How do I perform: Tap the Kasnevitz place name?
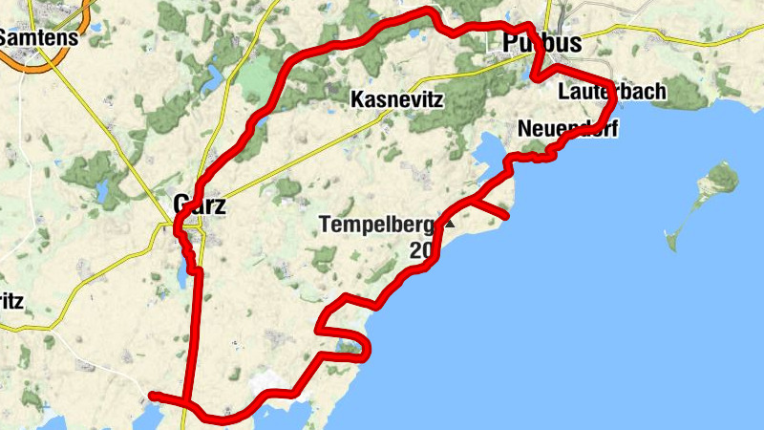(398, 99)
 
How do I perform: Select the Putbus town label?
(541, 43)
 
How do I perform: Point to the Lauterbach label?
(611, 93)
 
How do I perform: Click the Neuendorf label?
(568, 128)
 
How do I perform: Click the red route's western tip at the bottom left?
(153, 395)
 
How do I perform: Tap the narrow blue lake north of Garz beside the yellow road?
(215, 76)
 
